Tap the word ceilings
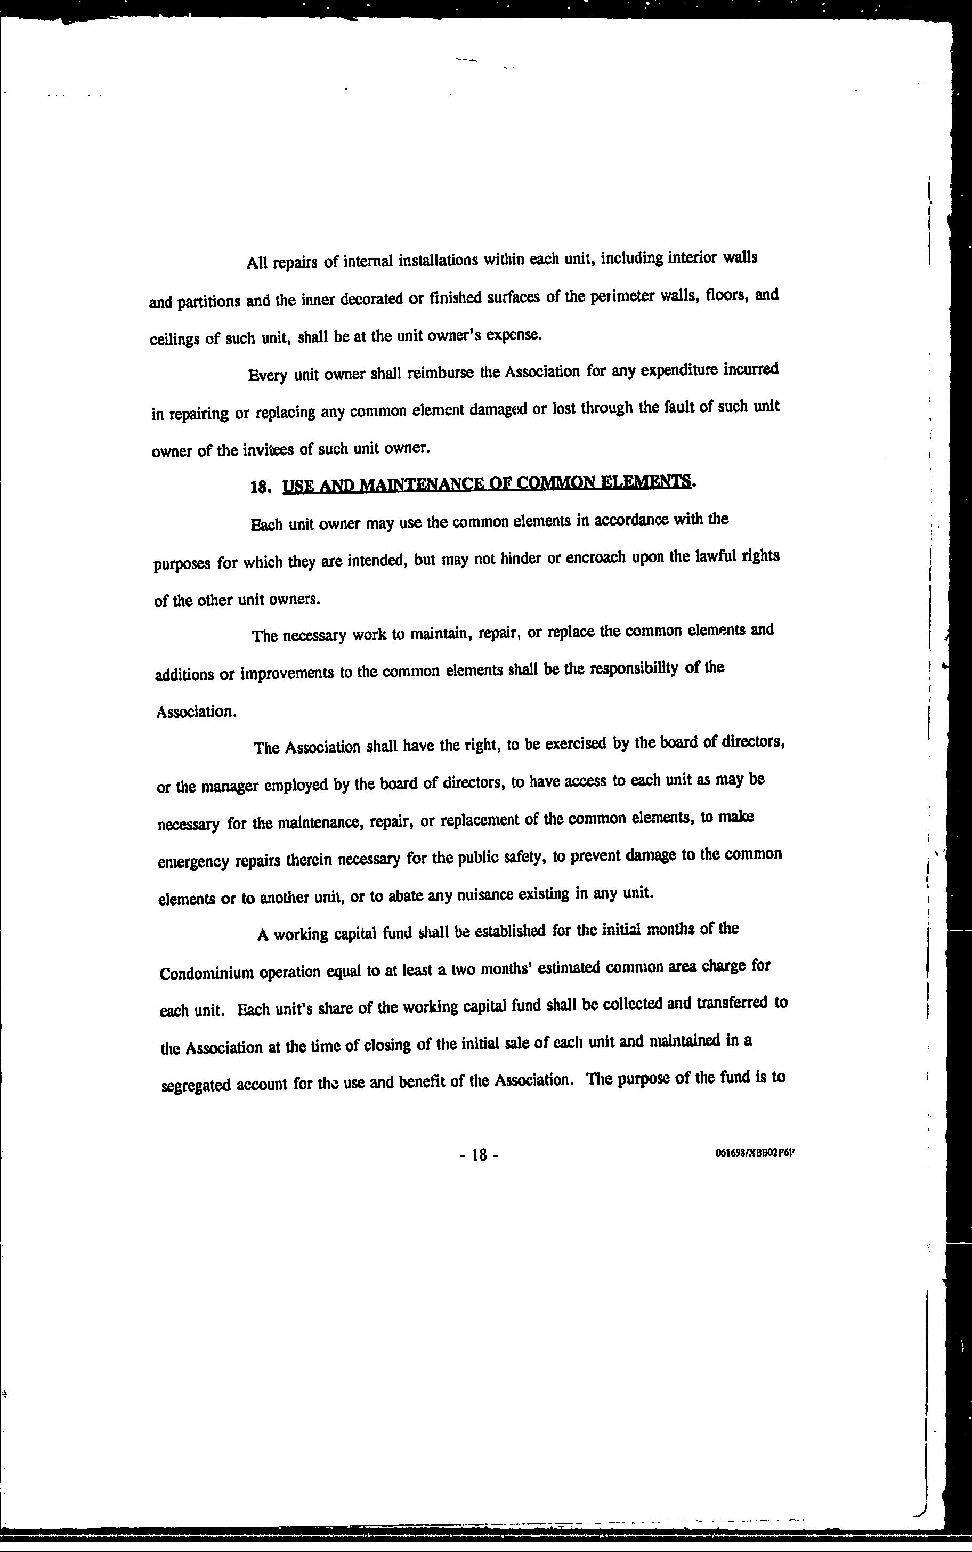pos(175,339)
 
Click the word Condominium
pos(206,972)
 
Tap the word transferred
pos(732,1004)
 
